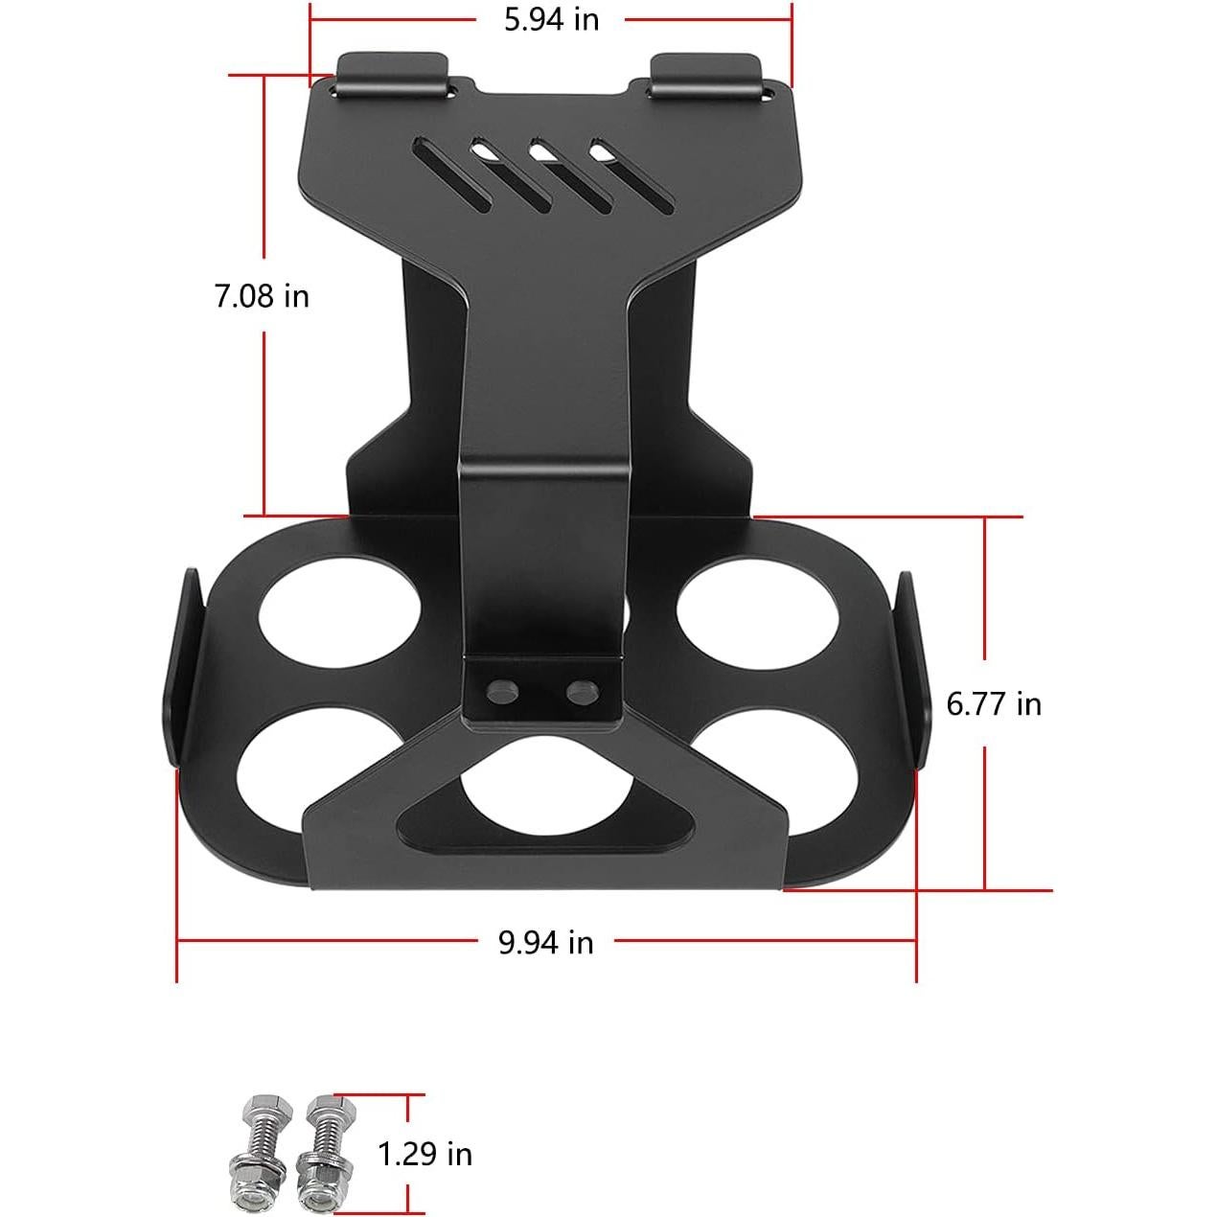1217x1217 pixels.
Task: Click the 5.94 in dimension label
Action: point(551,18)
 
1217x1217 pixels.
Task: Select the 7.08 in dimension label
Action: point(262,296)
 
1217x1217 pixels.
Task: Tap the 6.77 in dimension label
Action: point(993,704)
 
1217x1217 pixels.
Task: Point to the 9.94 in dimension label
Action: point(545,943)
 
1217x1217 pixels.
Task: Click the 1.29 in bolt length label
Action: point(425,1154)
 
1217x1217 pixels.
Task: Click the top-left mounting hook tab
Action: point(392,76)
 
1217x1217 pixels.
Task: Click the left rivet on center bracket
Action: point(498,693)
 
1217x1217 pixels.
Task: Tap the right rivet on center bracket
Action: point(580,692)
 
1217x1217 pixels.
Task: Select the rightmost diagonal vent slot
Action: point(632,177)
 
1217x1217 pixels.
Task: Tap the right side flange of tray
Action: point(911,671)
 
